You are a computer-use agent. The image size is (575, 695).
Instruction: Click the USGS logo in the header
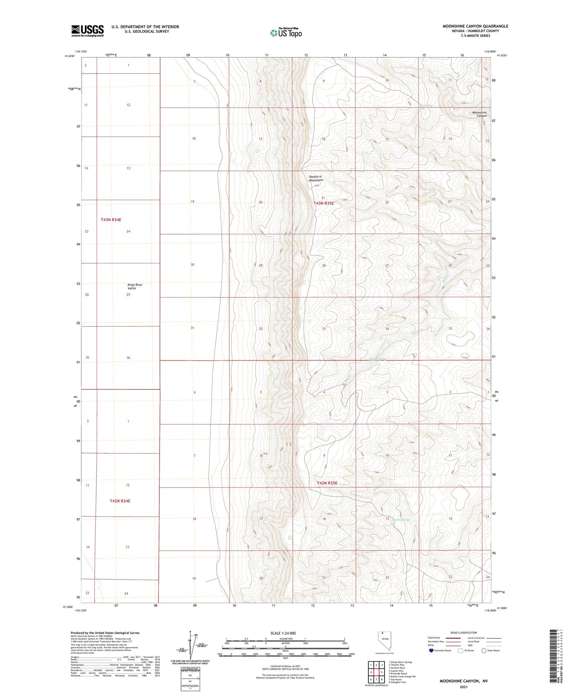(x=87, y=31)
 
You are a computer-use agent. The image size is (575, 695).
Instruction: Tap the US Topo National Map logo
(x=286, y=33)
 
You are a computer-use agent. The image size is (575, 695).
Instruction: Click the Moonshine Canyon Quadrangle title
(x=475, y=26)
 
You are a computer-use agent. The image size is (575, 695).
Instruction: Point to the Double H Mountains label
(x=316, y=178)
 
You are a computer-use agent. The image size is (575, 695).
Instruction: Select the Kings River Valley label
(x=135, y=286)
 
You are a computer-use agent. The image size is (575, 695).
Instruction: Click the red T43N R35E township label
(x=324, y=203)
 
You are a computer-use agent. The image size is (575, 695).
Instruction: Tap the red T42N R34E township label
(x=120, y=501)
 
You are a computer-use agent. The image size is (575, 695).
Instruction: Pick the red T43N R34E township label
(x=111, y=220)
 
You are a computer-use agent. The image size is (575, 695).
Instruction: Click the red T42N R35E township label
(x=327, y=483)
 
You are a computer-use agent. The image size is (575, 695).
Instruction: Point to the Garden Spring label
(x=401, y=520)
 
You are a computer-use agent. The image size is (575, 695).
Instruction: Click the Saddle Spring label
(x=377, y=359)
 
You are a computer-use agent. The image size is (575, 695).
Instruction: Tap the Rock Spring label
(x=425, y=105)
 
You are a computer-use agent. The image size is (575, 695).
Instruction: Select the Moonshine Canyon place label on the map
(x=479, y=114)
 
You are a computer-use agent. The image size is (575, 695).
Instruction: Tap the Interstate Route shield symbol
(x=431, y=650)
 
